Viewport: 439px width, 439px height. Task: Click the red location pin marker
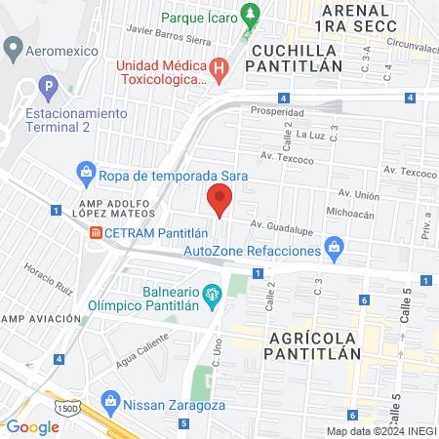(219, 202)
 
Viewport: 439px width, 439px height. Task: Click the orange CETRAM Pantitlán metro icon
(96, 233)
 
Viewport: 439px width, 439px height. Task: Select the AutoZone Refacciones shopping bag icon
(335, 247)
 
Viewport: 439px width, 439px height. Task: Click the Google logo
(32, 426)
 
